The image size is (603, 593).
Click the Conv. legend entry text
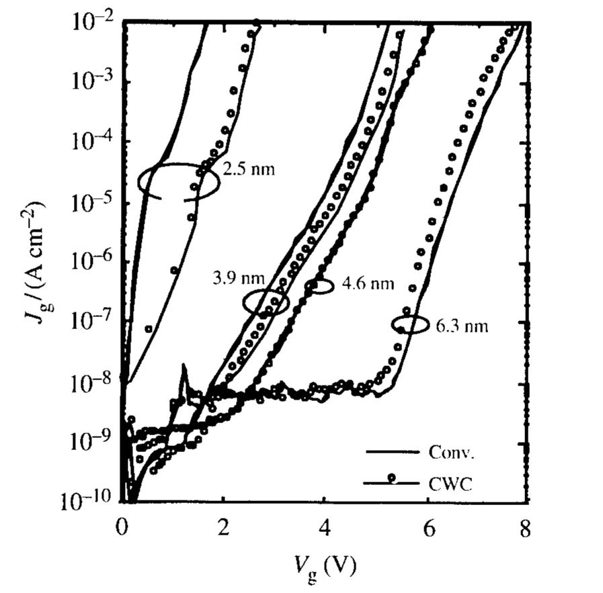[x=452, y=452]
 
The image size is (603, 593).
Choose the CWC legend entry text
[x=449, y=482]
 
